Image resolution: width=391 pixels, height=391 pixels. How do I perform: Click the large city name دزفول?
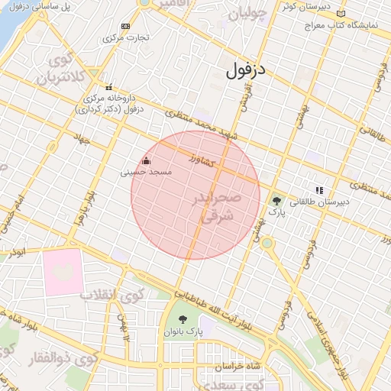247,71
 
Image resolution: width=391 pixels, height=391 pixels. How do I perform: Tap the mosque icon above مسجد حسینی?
147,160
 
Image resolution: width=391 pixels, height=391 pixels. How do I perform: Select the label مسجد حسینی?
147,173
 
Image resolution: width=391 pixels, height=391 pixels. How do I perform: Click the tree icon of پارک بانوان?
182,319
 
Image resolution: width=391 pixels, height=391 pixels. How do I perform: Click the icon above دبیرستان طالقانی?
318,190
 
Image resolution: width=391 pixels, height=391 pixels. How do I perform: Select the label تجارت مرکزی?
127,37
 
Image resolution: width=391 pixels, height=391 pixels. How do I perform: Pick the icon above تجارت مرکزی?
126,26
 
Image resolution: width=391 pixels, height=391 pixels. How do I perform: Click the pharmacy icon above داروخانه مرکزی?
108,86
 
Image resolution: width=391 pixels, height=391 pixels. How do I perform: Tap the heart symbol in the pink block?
63,272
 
